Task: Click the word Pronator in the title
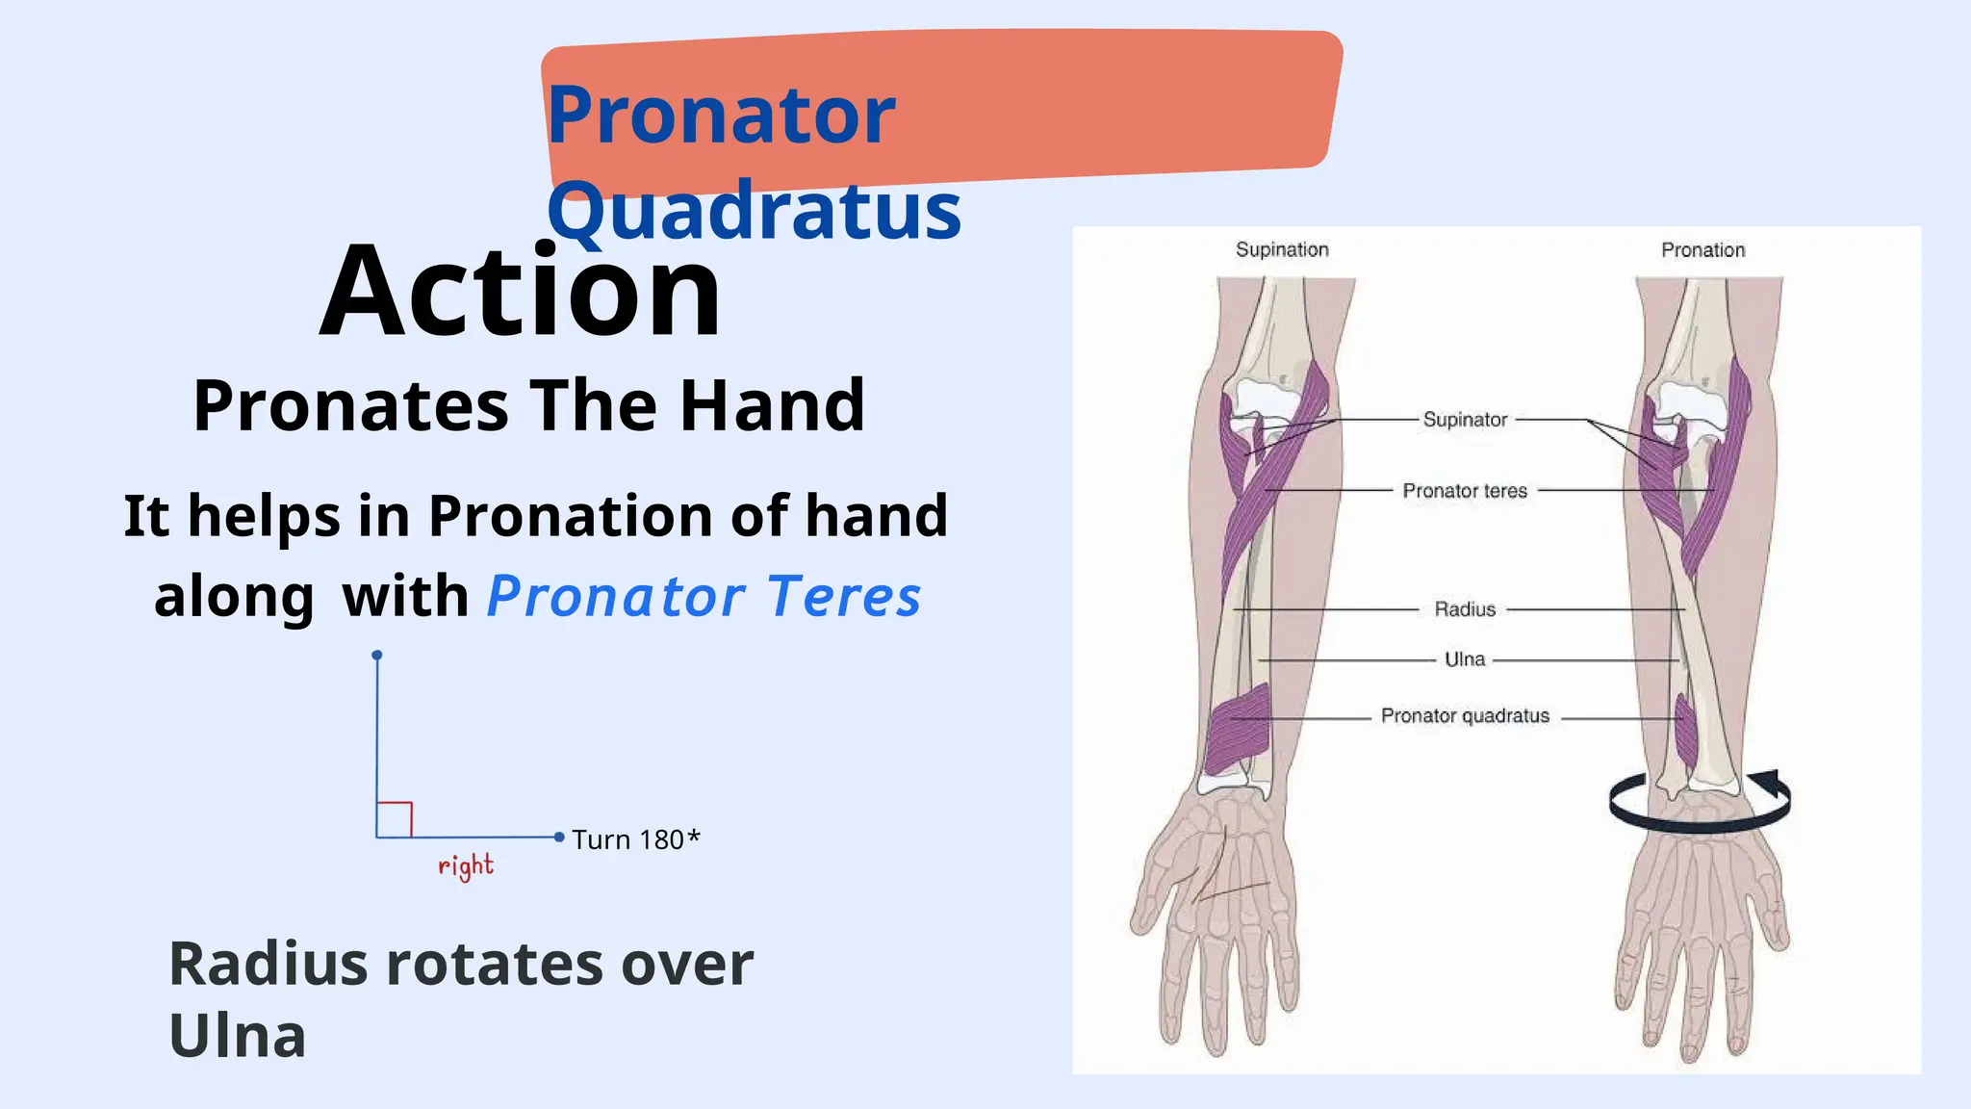[x=721, y=116]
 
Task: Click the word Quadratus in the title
[x=754, y=212]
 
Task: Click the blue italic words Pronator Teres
[x=704, y=596]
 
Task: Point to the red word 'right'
[x=466, y=866]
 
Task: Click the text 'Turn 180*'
[x=635, y=839]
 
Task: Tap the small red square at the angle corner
[x=395, y=819]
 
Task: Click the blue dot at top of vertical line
[x=377, y=656]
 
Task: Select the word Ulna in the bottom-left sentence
[x=238, y=1037]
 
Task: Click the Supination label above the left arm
[x=1282, y=250]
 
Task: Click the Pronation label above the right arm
[x=1702, y=250]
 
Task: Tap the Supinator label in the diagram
[x=1465, y=420]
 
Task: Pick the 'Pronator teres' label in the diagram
[x=1465, y=491]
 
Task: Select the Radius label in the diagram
[x=1465, y=609]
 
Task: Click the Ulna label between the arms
[x=1465, y=659]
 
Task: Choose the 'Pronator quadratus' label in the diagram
[x=1465, y=716]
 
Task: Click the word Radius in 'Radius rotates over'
[x=268, y=964]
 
